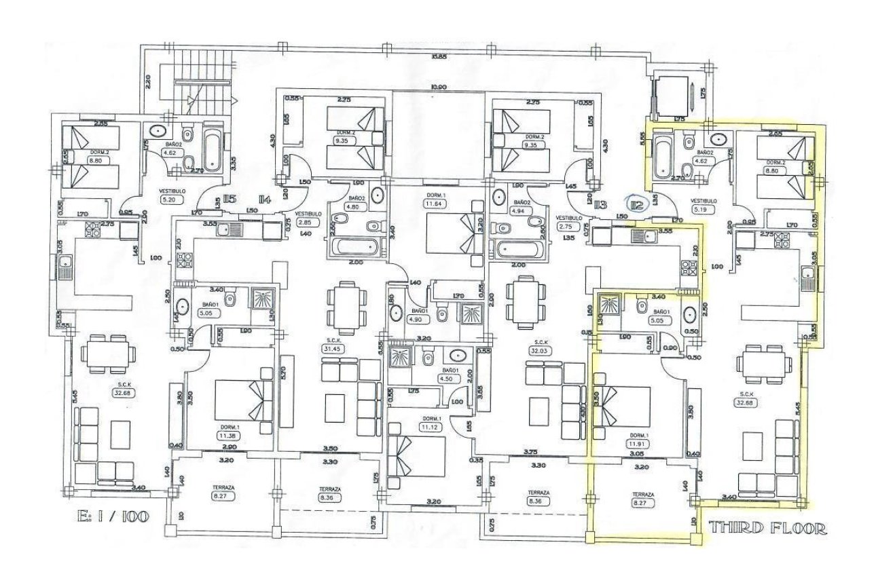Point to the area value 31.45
331,348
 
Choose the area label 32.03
541,350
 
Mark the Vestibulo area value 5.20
169,200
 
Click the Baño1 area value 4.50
446,379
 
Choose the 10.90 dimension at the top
439,88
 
